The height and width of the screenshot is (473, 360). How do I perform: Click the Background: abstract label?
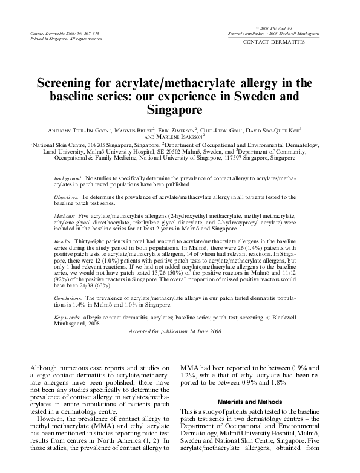(68, 180)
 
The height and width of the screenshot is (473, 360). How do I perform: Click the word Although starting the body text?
(45, 367)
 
